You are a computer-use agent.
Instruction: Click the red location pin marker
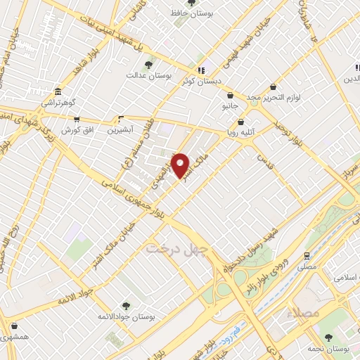point(181,165)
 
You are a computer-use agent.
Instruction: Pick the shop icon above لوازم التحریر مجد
point(273,87)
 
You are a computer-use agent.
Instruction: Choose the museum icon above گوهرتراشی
point(57,92)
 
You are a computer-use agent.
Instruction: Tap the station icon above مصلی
point(307,255)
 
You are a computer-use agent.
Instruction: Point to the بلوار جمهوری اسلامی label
point(138,202)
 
